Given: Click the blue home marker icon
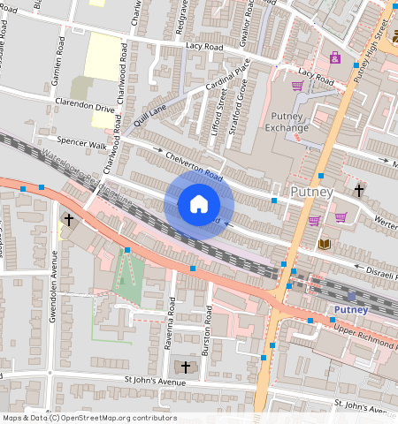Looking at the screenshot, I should click(199, 205).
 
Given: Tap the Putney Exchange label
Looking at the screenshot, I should click(287, 120).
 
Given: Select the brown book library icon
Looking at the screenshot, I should click(325, 243).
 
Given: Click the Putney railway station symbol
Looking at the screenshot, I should click(351, 296).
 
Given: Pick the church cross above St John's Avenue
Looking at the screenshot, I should click(185, 366).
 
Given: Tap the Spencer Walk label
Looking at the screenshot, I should click(80, 143).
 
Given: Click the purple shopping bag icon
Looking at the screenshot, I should click(335, 57).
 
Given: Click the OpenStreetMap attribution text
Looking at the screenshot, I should click(88, 418).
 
